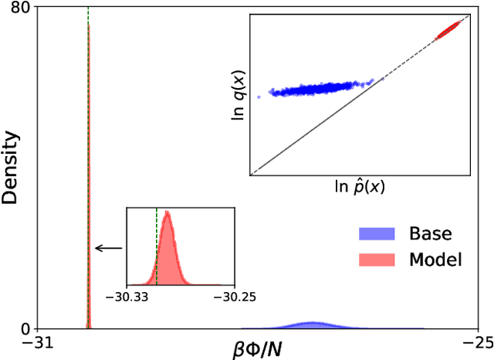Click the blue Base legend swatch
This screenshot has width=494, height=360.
(376, 233)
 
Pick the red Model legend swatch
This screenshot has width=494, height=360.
(376, 260)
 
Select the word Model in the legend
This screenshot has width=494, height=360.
(435, 260)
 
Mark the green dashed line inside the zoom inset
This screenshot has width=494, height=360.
(156, 247)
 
